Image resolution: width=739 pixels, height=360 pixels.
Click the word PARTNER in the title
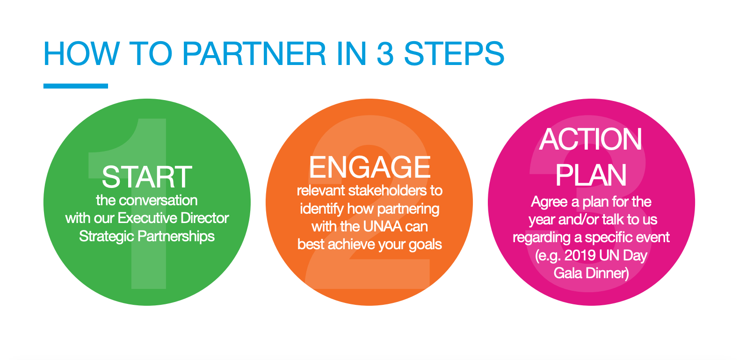254,53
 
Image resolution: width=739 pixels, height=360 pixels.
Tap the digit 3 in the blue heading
385,53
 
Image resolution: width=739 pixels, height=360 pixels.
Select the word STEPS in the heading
454,53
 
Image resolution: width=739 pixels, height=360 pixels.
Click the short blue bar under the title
76,86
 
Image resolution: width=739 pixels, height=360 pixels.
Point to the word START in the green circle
147,177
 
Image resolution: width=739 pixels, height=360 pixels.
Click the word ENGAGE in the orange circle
369,167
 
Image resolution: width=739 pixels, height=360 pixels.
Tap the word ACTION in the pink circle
591,139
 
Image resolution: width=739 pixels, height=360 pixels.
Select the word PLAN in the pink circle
591,175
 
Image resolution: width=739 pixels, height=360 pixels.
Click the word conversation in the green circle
159,201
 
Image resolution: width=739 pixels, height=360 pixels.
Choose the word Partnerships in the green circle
176,237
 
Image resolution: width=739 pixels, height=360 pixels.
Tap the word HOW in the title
81,53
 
